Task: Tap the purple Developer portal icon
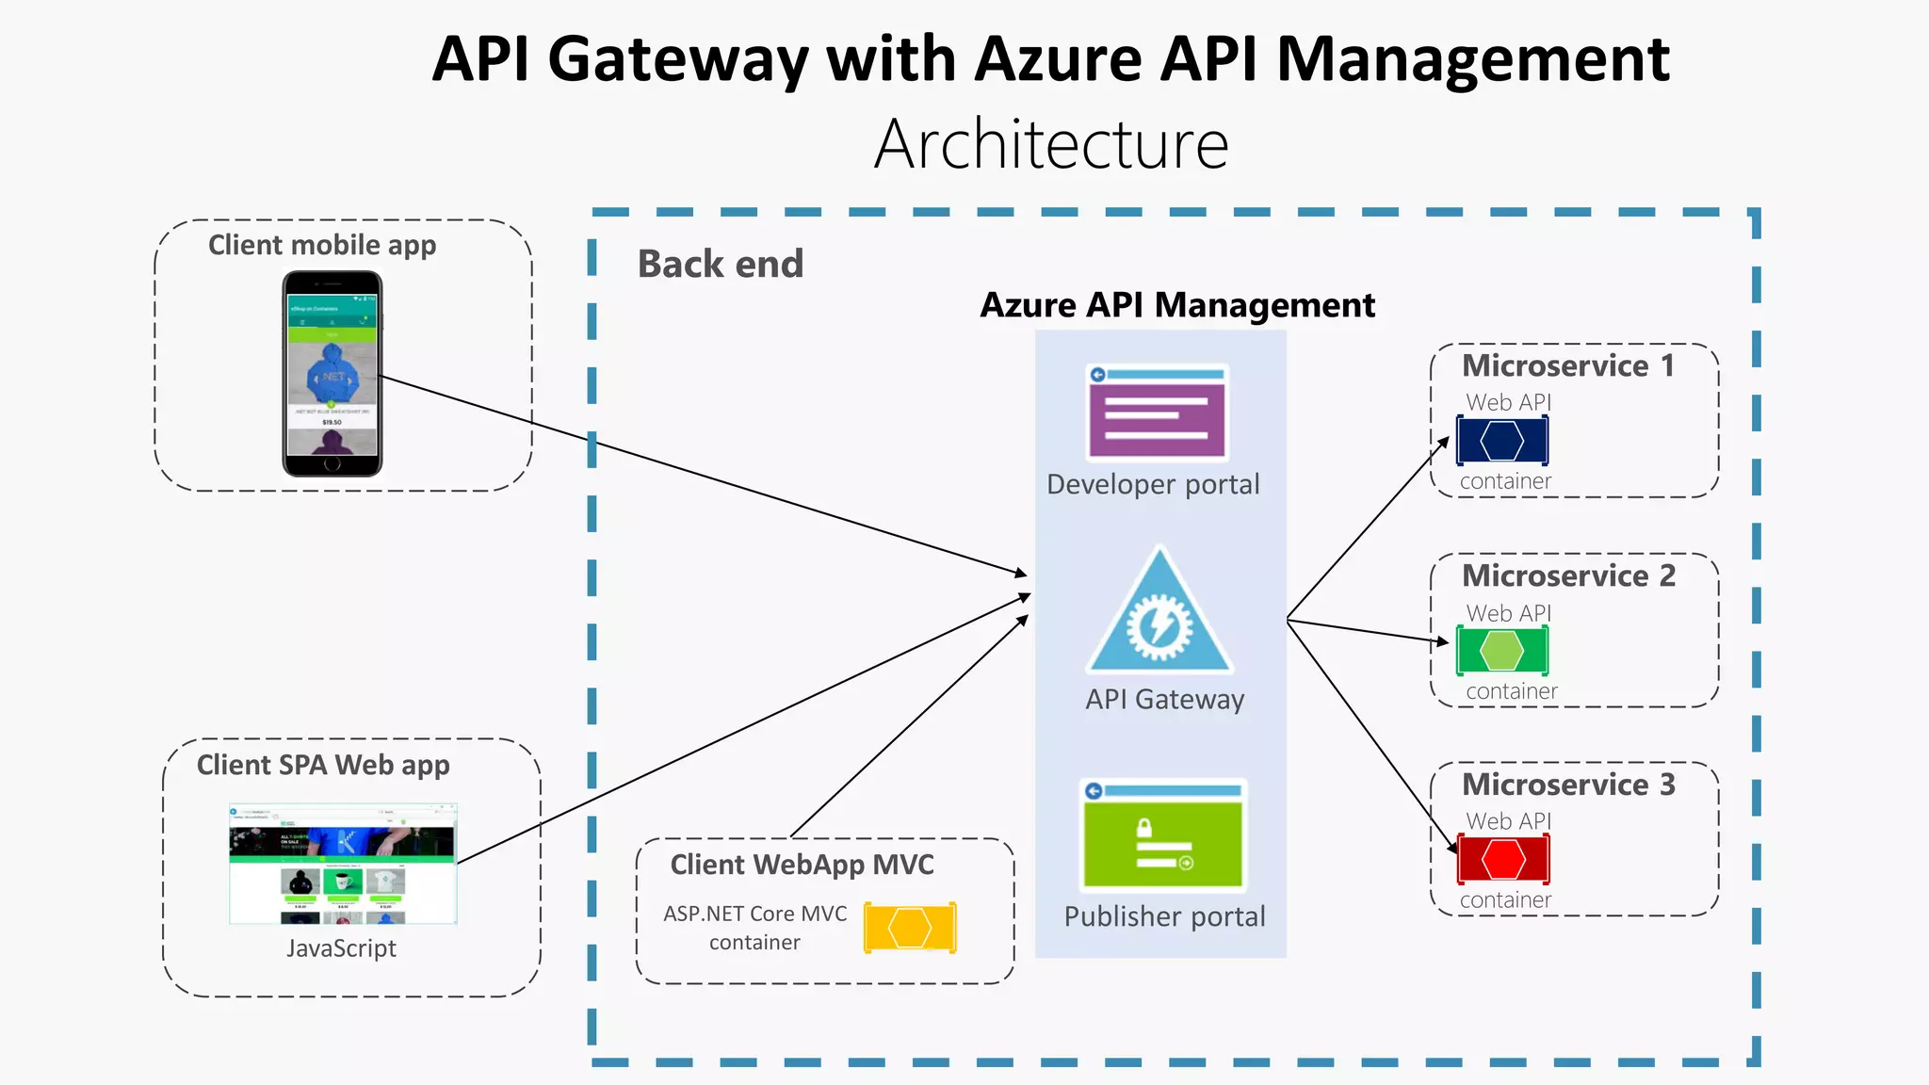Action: pyautogui.click(x=1158, y=413)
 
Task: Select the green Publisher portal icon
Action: pyautogui.click(x=1163, y=835)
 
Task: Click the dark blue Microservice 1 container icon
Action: pyautogui.click(x=1501, y=441)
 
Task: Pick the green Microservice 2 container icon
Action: pyautogui.click(x=1501, y=651)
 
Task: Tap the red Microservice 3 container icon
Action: pyautogui.click(x=1503, y=859)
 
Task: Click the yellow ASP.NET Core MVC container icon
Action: pyautogui.click(x=910, y=928)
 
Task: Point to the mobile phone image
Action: pyautogui.click(x=332, y=374)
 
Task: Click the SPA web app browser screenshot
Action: pyautogui.click(x=343, y=864)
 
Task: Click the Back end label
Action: pyautogui.click(x=721, y=264)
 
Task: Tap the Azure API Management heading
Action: pyautogui.click(x=1177, y=305)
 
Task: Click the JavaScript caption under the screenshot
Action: pyautogui.click(x=341, y=948)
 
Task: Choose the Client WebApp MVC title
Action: pyautogui.click(x=802, y=865)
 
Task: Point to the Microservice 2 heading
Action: pyautogui.click(x=1568, y=575)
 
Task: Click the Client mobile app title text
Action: pyautogui.click(x=322, y=245)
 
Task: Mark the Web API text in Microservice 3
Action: pyautogui.click(x=1508, y=821)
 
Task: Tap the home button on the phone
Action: pyautogui.click(x=332, y=464)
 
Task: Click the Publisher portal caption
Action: pyautogui.click(x=1164, y=916)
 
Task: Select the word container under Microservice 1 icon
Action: pyautogui.click(x=1505, y=481)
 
